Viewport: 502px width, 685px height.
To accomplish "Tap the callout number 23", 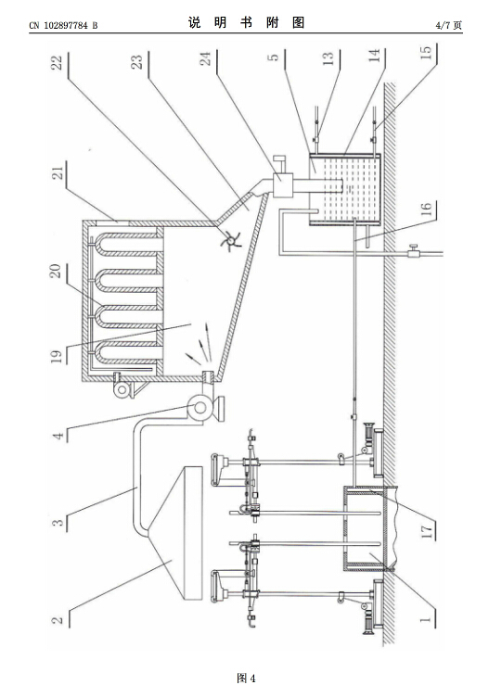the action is pyautogui.click(x=137, y=61).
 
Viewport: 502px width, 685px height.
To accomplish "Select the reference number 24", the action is pyautogui.click(x=205, y=58).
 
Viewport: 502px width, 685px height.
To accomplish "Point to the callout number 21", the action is pyautogui.click(x=58, y=171).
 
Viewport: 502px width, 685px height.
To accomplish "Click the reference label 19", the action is pyautogui.click(x=57, y=356).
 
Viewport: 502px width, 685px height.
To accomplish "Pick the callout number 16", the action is pyautogui.click(x=426, y=209).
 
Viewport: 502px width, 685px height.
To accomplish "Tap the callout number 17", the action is pyautogui.click(x=426, y=530).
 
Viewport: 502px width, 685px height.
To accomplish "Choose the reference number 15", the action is pyautogui.click(x=426, y=53).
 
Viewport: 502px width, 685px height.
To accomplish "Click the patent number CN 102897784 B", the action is pyautogui.click(x=63, y=25).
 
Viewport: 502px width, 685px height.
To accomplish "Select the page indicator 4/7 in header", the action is pyautogui.click(x=442, y=25).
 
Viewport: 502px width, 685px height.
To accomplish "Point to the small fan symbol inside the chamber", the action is pyautogui.click(x=230, y=240).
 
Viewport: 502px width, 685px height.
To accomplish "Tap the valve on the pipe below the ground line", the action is pyautogui.click(x=413, y=251).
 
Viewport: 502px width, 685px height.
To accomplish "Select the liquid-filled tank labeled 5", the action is pyautogui.click(x=344, y=189).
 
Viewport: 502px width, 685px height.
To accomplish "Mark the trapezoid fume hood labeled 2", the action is pyautogui.click(x=184, y=533).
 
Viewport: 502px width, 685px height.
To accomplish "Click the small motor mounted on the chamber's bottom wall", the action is pyautogui.click(x=123, y=386).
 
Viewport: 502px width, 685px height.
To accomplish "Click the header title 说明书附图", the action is pyautogui.click(x=246, y=23).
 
